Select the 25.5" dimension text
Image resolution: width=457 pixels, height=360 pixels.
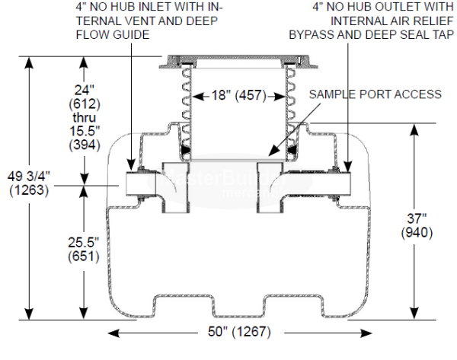[82, 242]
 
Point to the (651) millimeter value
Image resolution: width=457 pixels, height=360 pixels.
[82, 256]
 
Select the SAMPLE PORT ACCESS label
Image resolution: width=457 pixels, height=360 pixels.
[375, 94]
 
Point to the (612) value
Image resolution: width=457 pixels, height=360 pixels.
[82, 103]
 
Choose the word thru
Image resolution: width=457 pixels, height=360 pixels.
[82, 116]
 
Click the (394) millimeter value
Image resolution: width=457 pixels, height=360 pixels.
[82, 145]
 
